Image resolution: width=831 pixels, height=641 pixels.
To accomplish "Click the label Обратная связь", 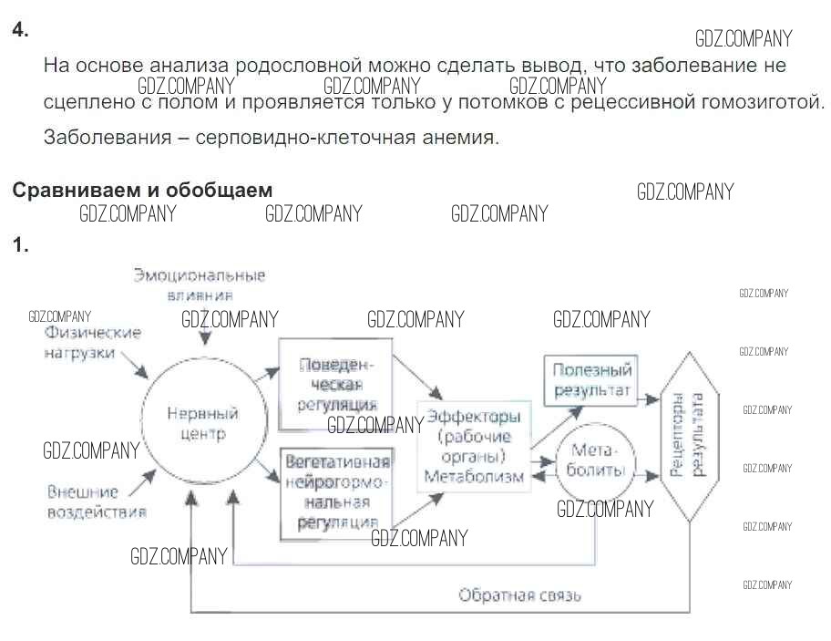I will [x=519, y=595].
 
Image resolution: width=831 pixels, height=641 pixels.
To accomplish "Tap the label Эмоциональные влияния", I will [x=200, y=284].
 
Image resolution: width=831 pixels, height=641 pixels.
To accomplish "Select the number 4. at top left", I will [x=20, y=30].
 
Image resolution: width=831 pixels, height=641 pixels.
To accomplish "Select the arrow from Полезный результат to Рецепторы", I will [x=649, y=398].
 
